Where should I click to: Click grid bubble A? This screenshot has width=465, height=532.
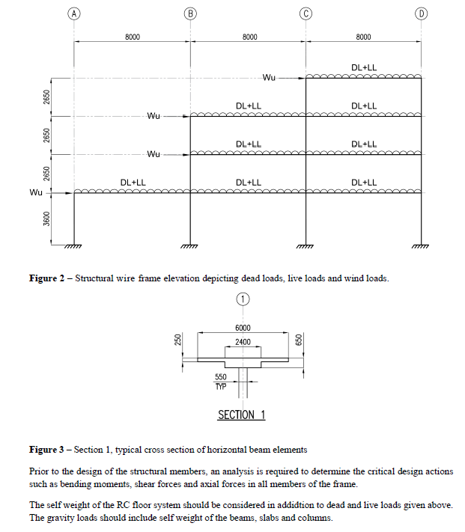coord(74,13)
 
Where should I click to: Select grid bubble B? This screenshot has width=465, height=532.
coord(190,13)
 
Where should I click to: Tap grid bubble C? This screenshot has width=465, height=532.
coord(306,13)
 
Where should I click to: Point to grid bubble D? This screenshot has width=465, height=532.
coord(422,13)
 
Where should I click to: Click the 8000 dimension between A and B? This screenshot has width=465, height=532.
coord(133,37)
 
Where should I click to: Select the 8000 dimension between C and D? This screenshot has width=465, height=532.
coord(363,37)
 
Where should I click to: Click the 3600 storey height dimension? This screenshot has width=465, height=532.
coord(47,218)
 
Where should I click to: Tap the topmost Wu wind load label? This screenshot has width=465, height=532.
coord(269,78)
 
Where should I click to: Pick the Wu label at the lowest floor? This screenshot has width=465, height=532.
coord(36,192)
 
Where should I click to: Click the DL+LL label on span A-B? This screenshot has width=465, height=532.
coord(133,183)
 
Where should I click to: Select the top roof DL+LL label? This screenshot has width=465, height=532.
coord(364,67)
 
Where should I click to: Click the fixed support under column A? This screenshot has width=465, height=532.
coord(73,246)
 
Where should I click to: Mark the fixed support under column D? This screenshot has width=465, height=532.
coord(421,246)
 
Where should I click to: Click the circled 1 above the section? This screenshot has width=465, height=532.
coord(243,299)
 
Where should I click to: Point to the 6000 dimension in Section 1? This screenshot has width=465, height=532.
coord(243,328)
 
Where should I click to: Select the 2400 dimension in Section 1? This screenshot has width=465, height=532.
coord(243,342)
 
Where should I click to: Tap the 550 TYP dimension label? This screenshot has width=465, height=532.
coord(221,382)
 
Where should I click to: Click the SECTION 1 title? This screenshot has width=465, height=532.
coord(241,415)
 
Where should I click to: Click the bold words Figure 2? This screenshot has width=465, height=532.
coord(46,278)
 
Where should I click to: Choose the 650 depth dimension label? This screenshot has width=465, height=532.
coord(299,340)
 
